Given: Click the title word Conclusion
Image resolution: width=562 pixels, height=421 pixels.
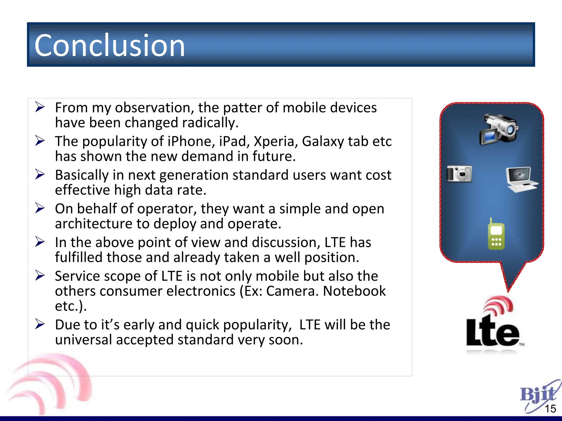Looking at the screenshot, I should [109, 45].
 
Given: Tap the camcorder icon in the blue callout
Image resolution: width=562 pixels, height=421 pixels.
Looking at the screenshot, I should [498, 129].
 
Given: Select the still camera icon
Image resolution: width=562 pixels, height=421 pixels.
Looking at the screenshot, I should [459, 173].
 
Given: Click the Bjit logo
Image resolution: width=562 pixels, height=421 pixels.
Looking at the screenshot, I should [538, 395].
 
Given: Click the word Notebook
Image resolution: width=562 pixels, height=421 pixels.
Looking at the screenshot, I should [354, 291].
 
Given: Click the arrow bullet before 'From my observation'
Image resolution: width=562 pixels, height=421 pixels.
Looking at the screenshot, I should [40, 107].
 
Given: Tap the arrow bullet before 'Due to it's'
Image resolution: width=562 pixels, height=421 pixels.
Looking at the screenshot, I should [40, 324].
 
